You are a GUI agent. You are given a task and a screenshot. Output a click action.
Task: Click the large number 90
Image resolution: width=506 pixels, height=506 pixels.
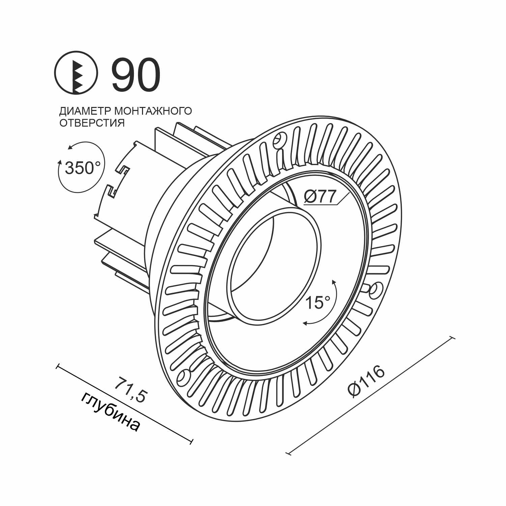tap(136, 75)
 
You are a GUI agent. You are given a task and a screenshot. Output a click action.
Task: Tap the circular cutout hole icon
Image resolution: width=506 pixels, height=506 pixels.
tap(76, 72)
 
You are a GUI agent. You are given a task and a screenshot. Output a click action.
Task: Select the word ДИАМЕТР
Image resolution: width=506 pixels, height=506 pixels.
tap(86, 111)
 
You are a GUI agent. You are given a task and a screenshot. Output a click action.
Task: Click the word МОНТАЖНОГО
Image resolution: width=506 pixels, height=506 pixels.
tap(153, 111)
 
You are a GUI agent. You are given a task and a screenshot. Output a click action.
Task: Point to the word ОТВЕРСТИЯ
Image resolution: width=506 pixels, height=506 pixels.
tap(92, 123)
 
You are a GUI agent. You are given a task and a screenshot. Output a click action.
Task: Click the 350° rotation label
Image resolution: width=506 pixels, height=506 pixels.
tap(83, 168)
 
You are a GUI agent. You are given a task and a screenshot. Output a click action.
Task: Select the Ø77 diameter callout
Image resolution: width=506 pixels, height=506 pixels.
tap(320, 196)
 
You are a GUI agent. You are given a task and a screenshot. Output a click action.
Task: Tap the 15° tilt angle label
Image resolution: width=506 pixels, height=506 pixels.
tap(318, 303)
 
